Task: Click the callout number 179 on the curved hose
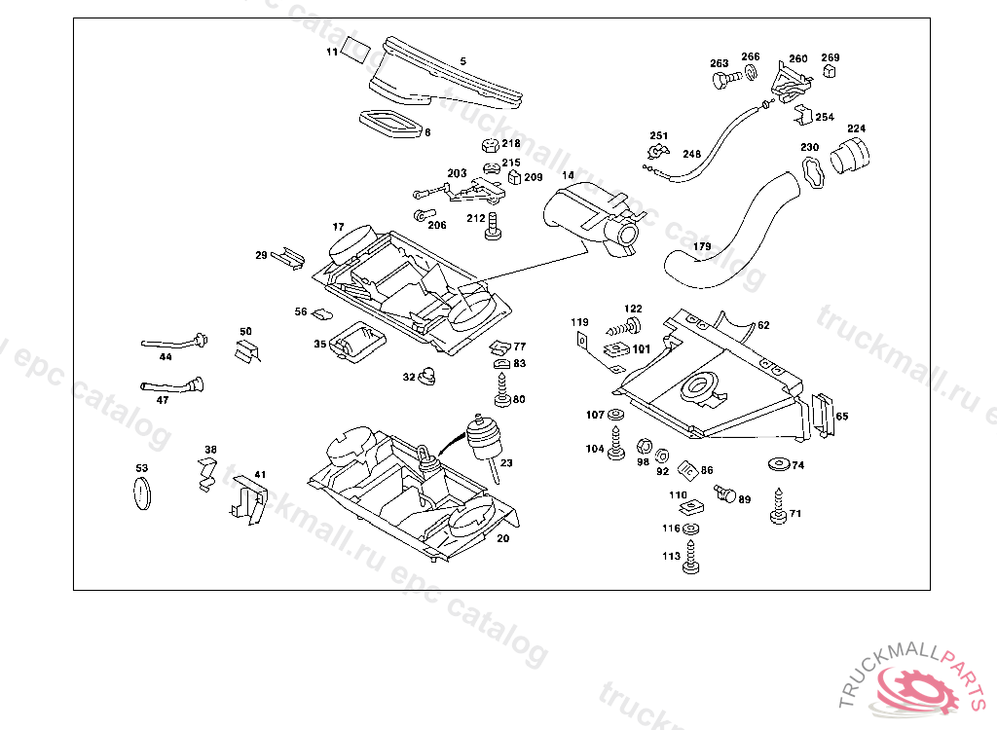pos(701,247)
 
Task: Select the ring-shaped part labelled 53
pos(142,493)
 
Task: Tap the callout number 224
pos(856,128)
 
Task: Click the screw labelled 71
pos(779,508)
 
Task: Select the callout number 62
pos(763,325)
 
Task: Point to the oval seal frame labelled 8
pos(389,124)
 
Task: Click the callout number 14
pos(568,176)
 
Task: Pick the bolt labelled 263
pos(720,83)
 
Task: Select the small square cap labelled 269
pos(831,71)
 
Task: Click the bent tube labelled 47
pos(175,385)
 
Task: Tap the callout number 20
pos(502,538)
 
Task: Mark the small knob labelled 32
pos(427,376)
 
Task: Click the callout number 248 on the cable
pos(691,154)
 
